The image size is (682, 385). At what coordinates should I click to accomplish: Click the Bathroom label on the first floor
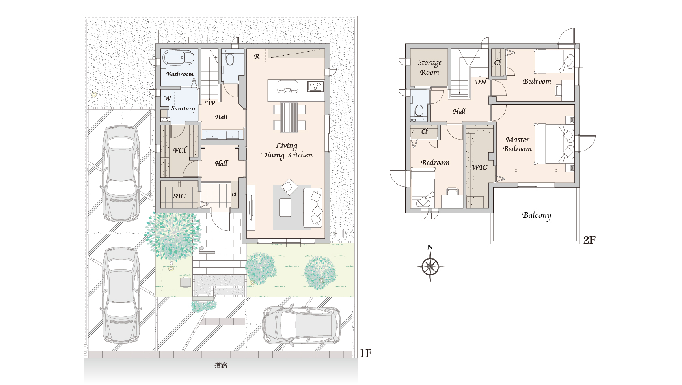coord(180,74)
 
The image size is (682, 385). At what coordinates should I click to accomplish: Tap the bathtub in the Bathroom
coord(178,58)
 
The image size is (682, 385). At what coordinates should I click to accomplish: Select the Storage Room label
coord(429,67)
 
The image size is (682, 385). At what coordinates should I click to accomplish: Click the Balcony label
coord(537,215)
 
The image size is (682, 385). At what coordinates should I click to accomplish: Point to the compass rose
coord(430,266)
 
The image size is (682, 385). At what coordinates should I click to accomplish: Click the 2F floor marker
coord(589,240)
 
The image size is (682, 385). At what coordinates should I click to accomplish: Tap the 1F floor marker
coord(366,353)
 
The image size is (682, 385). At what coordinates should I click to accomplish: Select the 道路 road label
coord(221,366)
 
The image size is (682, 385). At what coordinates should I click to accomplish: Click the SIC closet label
coord(179,196)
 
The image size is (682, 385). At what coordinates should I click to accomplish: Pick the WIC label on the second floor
coord(479,167)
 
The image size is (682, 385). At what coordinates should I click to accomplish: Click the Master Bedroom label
coord(517,144)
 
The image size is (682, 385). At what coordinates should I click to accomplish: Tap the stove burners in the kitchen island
coord(315,86)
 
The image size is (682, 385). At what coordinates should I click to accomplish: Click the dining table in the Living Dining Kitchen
coord(289,117)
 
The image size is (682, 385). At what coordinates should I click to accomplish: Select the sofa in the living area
coord(313,208)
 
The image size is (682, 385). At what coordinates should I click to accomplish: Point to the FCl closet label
coord(179,151)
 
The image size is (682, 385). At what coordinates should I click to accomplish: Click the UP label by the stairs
coord(210,103)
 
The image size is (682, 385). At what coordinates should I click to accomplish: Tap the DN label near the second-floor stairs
coord(480,82)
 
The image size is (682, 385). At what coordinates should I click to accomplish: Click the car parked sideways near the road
coord(301,325)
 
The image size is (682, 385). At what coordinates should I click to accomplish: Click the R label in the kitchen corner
coord(257,56)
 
